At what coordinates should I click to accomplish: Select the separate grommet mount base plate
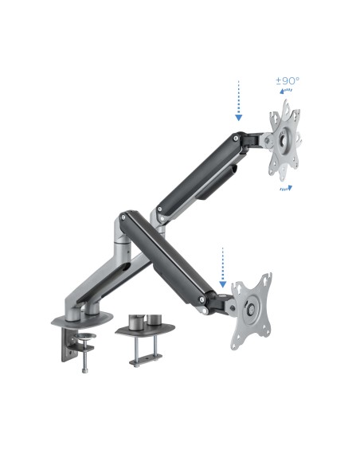click(149, 327)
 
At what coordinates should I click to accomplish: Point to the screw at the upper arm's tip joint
click(237, 141)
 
